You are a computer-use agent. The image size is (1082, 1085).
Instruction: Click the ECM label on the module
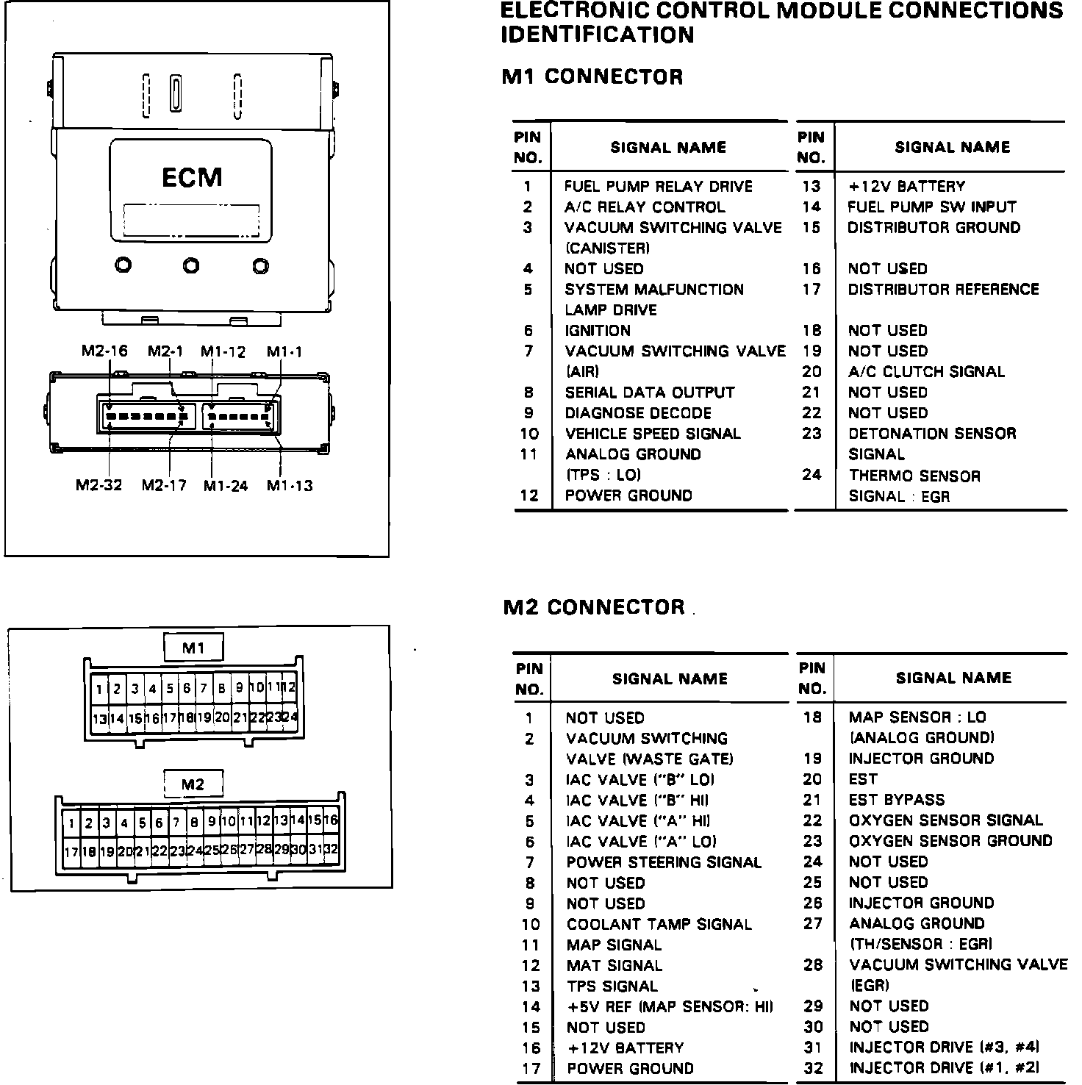pyautogui.click(x=191, y=178)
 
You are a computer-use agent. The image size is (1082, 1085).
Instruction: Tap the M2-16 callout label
pyautogui.click(x=104, y=351)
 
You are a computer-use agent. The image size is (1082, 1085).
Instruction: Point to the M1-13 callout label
pyautogui.click(x=290, y=485)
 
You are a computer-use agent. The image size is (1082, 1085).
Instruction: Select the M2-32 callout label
pyautogui.click(x=99, y=485)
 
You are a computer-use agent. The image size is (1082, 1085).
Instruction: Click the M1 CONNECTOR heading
pyautogui.click(x=592, y=77)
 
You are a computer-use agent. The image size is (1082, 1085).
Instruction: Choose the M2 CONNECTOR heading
pyautogui.click(x=594, y=608)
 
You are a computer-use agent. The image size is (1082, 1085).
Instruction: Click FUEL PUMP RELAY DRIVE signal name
pyautogui.click(x=659, y=187)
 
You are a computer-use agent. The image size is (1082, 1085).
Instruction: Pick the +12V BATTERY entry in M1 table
pyautogui.click(x=906, y=187)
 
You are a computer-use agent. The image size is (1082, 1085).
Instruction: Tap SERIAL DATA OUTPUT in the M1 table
pyautogui.click(x=650, y=393)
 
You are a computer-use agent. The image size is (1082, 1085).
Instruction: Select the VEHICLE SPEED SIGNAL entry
pyautogui.click(x=653, y=434)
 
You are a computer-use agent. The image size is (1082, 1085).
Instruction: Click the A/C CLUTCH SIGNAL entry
pyautogui.click(x=926, y=372)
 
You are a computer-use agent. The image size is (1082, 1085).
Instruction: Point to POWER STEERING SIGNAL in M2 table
pyautogui.click(x=664, y=862)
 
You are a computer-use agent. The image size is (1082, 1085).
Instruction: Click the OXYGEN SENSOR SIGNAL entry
pyautogui.click(x=945, y=820)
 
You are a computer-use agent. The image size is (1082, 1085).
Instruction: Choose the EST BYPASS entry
pyautogui.click(x=896, y=800)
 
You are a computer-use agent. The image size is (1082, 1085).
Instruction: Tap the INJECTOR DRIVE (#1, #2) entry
pyautogui.click(x=944, y=1068)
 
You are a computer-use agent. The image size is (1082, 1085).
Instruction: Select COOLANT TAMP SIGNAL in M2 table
pyautogui.click(x=659, y=924)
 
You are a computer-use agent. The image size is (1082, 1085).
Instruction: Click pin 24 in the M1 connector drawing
pyautogui.click(x=290, y=717)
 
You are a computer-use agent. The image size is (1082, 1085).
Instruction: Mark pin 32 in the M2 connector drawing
pyautogui.click(x=331, y=850)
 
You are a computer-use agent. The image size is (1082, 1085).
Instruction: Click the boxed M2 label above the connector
pyautogui.click(x=193, y=784)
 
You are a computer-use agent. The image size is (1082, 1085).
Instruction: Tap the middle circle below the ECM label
pyautogui.click(x=191, y=265)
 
